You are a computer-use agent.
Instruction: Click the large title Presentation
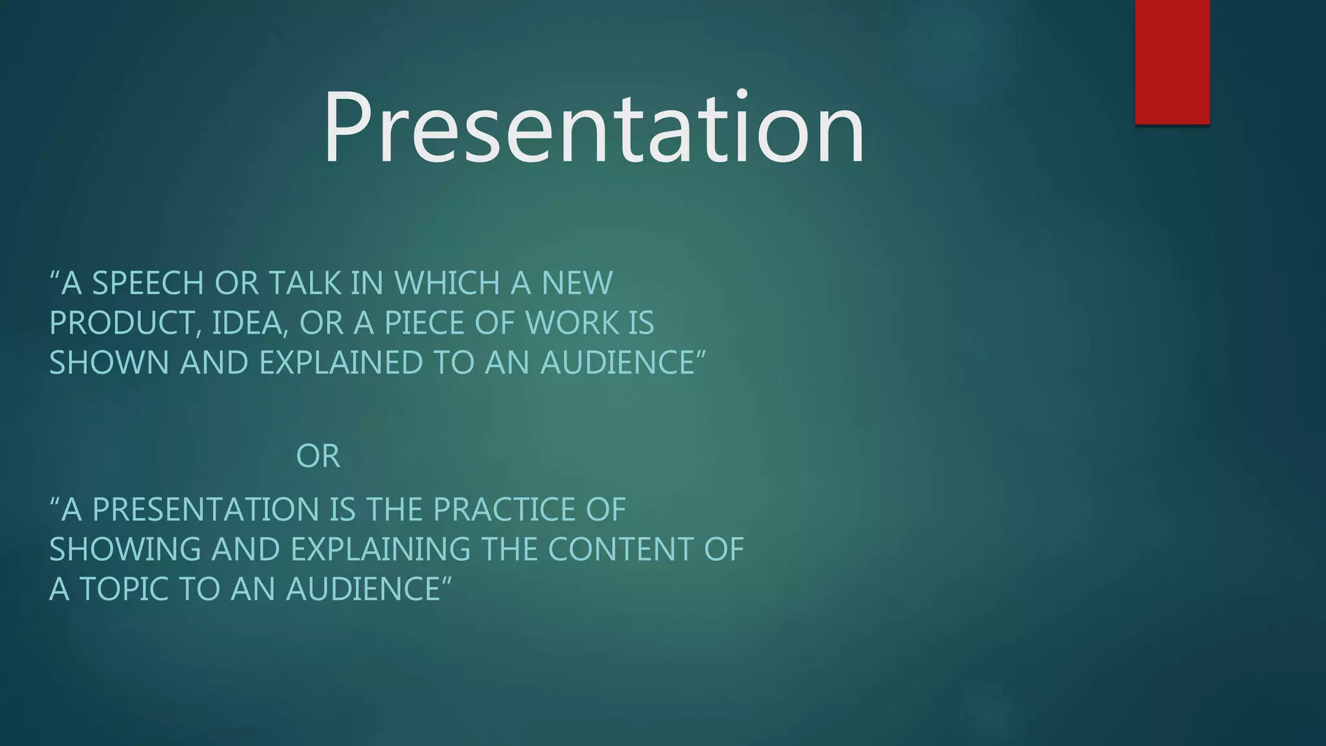click(594, 128)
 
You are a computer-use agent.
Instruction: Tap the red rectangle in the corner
click(1172, 62)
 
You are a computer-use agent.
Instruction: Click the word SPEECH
click(148, 284)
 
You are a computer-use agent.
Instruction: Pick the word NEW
click(576, 284)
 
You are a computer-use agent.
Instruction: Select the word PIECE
click(424, 323)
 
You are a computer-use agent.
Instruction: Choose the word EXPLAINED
click(341, 363)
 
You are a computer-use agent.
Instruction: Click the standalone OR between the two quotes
click(317, 457)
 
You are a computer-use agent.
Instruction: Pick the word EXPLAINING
click(380, 549)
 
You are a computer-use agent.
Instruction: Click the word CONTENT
click(620, 549)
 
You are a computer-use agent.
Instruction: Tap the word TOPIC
click(124, 589)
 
